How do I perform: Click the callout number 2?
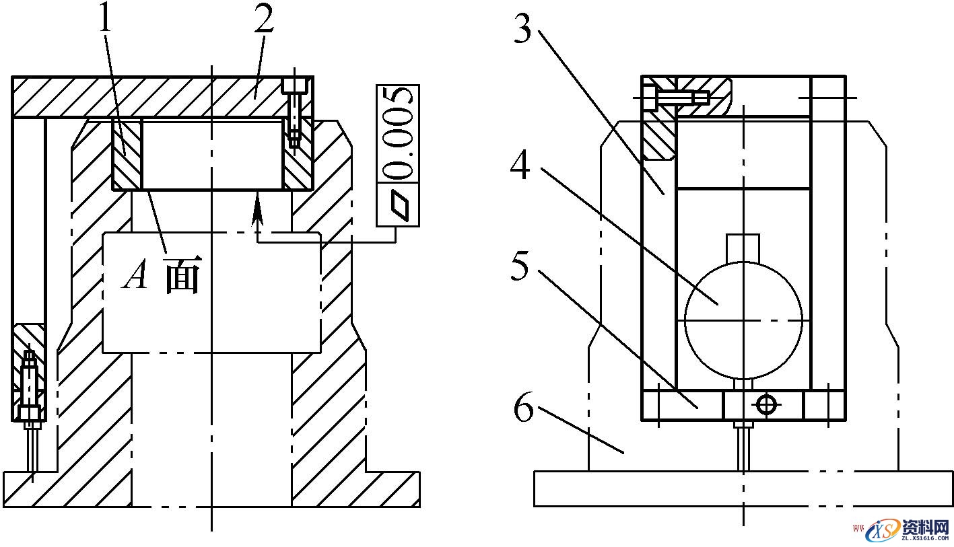(264, 20)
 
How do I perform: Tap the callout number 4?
(520, 164)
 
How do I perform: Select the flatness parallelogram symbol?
(398, 205)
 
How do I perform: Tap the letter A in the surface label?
(136, 276)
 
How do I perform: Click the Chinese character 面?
(182, 277)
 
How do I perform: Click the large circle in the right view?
(743, 320)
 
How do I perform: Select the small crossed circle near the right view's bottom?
(766, 404)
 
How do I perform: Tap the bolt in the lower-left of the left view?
(30, 390)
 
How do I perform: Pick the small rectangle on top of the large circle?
(743, 247)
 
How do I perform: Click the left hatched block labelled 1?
(126, 154)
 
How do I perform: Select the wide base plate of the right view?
(743, 488)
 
